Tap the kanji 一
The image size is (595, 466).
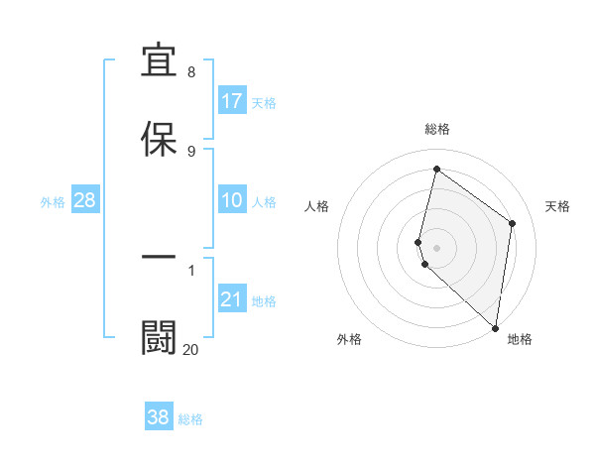160,258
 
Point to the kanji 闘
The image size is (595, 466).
160,336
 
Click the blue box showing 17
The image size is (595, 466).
232,101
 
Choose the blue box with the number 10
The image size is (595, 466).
232,201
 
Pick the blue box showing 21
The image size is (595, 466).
232,299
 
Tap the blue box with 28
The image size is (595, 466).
85,201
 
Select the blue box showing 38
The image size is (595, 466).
159,417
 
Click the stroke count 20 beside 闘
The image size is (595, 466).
190,349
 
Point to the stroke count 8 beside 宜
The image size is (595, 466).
191,72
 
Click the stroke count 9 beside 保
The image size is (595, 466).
191,151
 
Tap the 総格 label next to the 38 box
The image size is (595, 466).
191,419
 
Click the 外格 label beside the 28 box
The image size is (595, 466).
53,202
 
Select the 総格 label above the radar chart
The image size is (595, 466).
437,129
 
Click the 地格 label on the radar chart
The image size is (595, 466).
520,339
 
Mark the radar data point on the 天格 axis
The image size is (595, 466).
513,223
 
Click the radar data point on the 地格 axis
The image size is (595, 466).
495,328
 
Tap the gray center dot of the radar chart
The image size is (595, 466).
437,247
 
